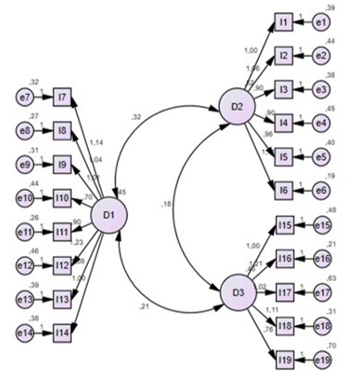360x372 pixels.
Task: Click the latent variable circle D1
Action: tap(109, 215)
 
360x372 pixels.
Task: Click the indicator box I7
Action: tap(63, 96)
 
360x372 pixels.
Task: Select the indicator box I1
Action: tap(283, 22)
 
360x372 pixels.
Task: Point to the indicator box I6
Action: tap(283, 190)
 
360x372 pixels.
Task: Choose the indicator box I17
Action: tap(284, 292)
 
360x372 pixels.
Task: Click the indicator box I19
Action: tap(284, 359)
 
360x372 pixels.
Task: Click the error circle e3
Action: tap(321, 89)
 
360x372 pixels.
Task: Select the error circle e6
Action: tap(321, 190)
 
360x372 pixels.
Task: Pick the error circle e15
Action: tap(323, 225)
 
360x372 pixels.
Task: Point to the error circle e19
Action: tap(323, 359)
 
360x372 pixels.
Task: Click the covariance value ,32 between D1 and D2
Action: tap(136, 118)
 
